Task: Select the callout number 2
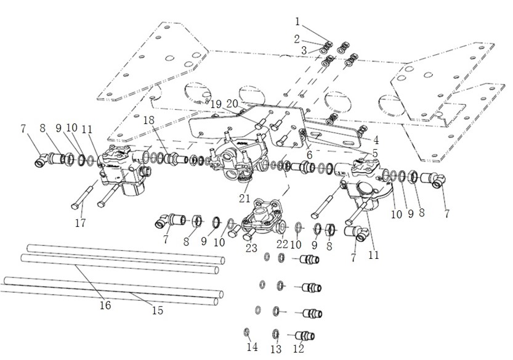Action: [x=296, y=39]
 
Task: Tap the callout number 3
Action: [x=304, y=49]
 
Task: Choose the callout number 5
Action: [x=375, y=153]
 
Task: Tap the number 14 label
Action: [x=252, y=348]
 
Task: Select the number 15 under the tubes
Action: [x=158, y=310]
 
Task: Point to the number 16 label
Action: [x=106, y=305]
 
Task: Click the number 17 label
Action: [x=80, y=222]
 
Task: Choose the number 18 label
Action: [x=150, y=119]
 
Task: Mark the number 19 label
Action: [x=216, y=104]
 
